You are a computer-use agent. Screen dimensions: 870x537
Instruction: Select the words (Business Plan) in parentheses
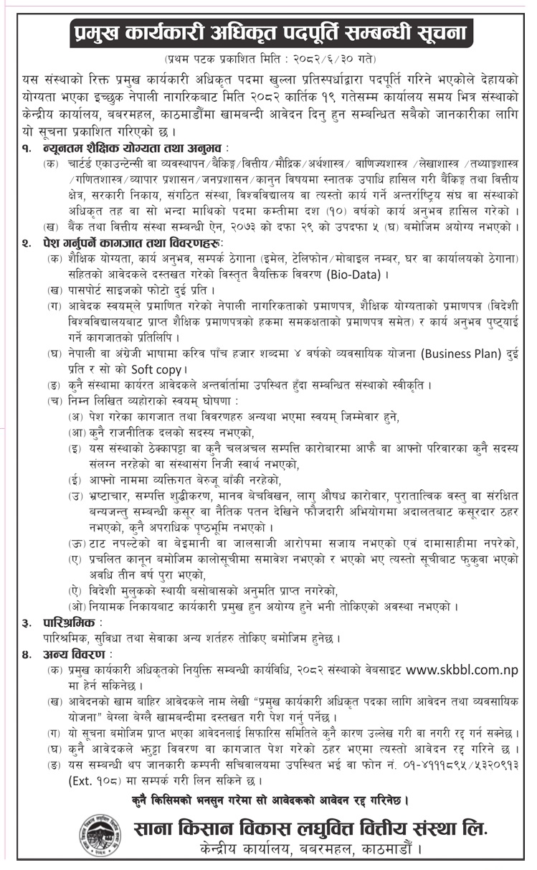(x=464, y=352)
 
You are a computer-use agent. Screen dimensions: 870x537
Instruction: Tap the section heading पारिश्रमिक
(x=71, y=621)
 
